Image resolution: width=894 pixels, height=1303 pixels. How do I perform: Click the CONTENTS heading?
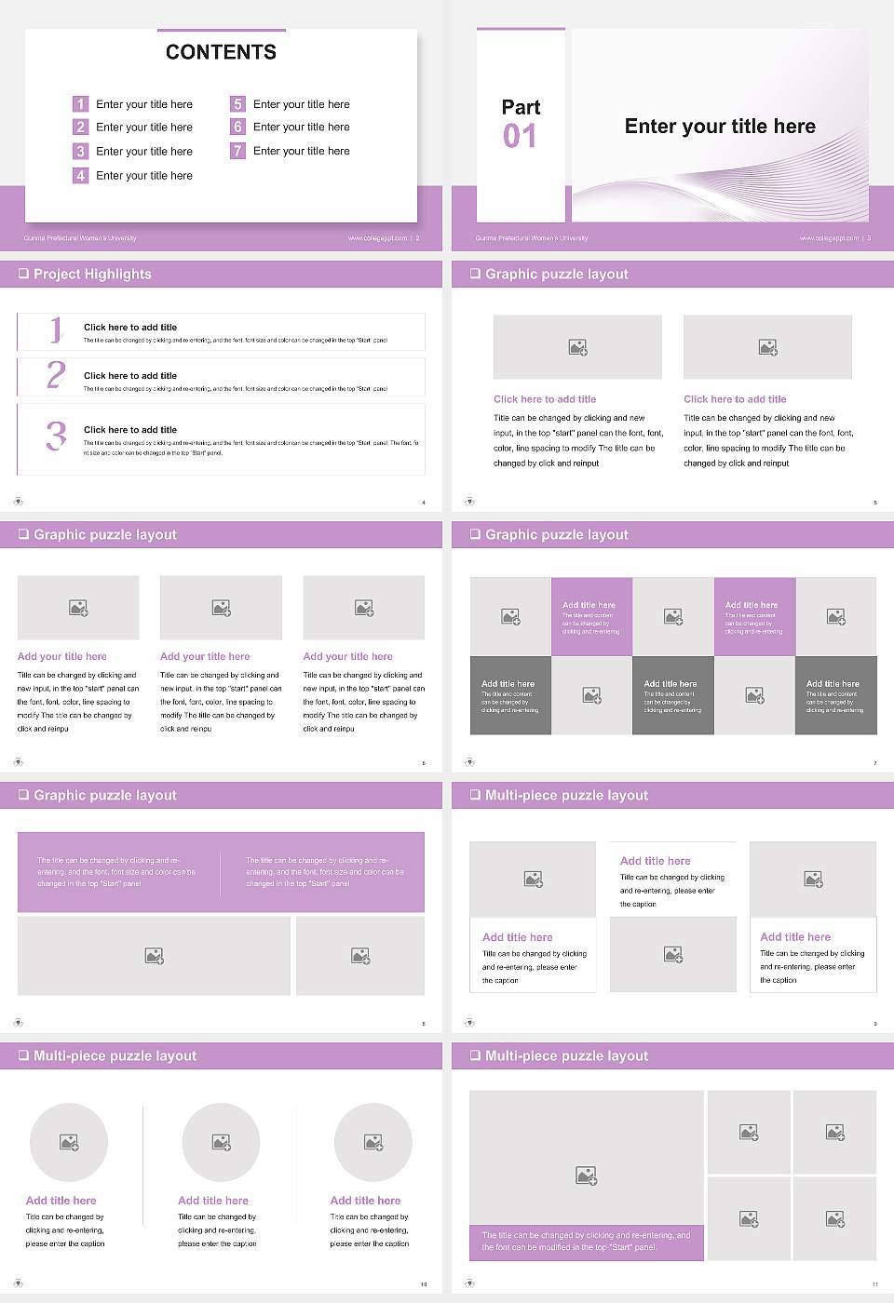[x=221, y=52]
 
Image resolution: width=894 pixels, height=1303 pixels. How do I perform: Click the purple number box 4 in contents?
[x=81, y=175]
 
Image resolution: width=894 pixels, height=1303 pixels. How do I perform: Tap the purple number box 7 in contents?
[x=237, y=151]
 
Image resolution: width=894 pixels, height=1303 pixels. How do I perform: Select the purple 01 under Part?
[x=520, y=136]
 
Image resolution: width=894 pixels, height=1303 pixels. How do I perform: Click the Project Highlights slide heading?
[x=92, y=274]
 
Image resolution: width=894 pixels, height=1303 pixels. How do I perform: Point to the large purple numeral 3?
[x=56, y=436]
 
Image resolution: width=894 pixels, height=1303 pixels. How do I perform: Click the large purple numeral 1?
[x=56, y=329]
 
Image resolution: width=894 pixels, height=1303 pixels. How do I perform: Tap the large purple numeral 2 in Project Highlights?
[x=56, y=375]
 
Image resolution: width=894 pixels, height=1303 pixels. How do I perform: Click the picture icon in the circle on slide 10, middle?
[x=221, y=1142]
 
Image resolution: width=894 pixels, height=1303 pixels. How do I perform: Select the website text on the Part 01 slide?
[x=829, y=238]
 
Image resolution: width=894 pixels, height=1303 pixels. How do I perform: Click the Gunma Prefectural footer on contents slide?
[x=80, y=238]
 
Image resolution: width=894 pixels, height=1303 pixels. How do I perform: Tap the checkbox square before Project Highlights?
[x=23, y=274]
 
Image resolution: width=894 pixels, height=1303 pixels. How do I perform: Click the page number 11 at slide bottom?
[x=874, y=1284]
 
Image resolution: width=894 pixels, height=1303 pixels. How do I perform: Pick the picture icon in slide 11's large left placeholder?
[x=586, y=1176]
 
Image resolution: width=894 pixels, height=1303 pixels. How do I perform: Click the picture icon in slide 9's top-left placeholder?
[x=534, y=879]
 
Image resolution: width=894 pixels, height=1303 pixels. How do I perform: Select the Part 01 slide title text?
[x=720, y=127]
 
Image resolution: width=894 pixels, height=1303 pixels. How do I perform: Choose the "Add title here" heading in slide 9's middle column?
[x=656, y=861]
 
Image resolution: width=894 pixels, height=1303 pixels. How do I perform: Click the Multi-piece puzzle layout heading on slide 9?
[x=566, y=795]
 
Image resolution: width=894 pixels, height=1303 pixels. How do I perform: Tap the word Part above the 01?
[x=521, y=107]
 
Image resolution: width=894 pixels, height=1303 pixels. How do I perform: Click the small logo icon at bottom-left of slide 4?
[x=18, y=502]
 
